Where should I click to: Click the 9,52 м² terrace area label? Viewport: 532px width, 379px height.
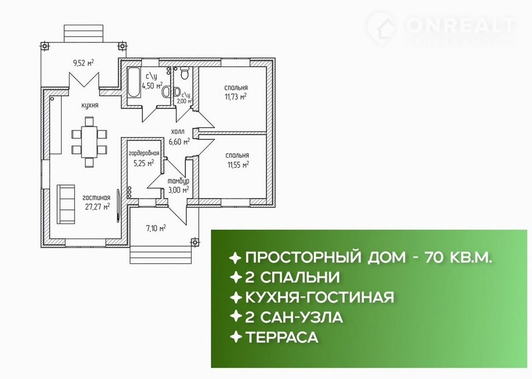84,63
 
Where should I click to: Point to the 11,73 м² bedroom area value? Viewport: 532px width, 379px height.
236,97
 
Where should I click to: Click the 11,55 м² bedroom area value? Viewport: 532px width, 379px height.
238,165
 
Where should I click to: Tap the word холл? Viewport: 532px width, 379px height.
178,132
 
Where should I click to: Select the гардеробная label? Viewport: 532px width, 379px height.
144,153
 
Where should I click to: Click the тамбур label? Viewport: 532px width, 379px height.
178,181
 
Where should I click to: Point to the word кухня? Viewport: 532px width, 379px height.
90,105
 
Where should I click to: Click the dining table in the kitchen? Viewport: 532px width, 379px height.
89,142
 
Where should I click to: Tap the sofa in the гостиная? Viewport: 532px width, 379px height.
66,204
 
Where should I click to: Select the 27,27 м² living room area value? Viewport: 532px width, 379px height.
97,207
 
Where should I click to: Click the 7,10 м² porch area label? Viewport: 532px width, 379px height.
156,229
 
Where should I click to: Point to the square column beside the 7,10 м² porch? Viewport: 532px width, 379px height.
195,242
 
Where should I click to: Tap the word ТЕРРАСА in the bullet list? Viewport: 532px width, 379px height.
282,337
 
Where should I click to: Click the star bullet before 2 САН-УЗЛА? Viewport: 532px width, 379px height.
236,317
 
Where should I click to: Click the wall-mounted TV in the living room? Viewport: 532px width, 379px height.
118,206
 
